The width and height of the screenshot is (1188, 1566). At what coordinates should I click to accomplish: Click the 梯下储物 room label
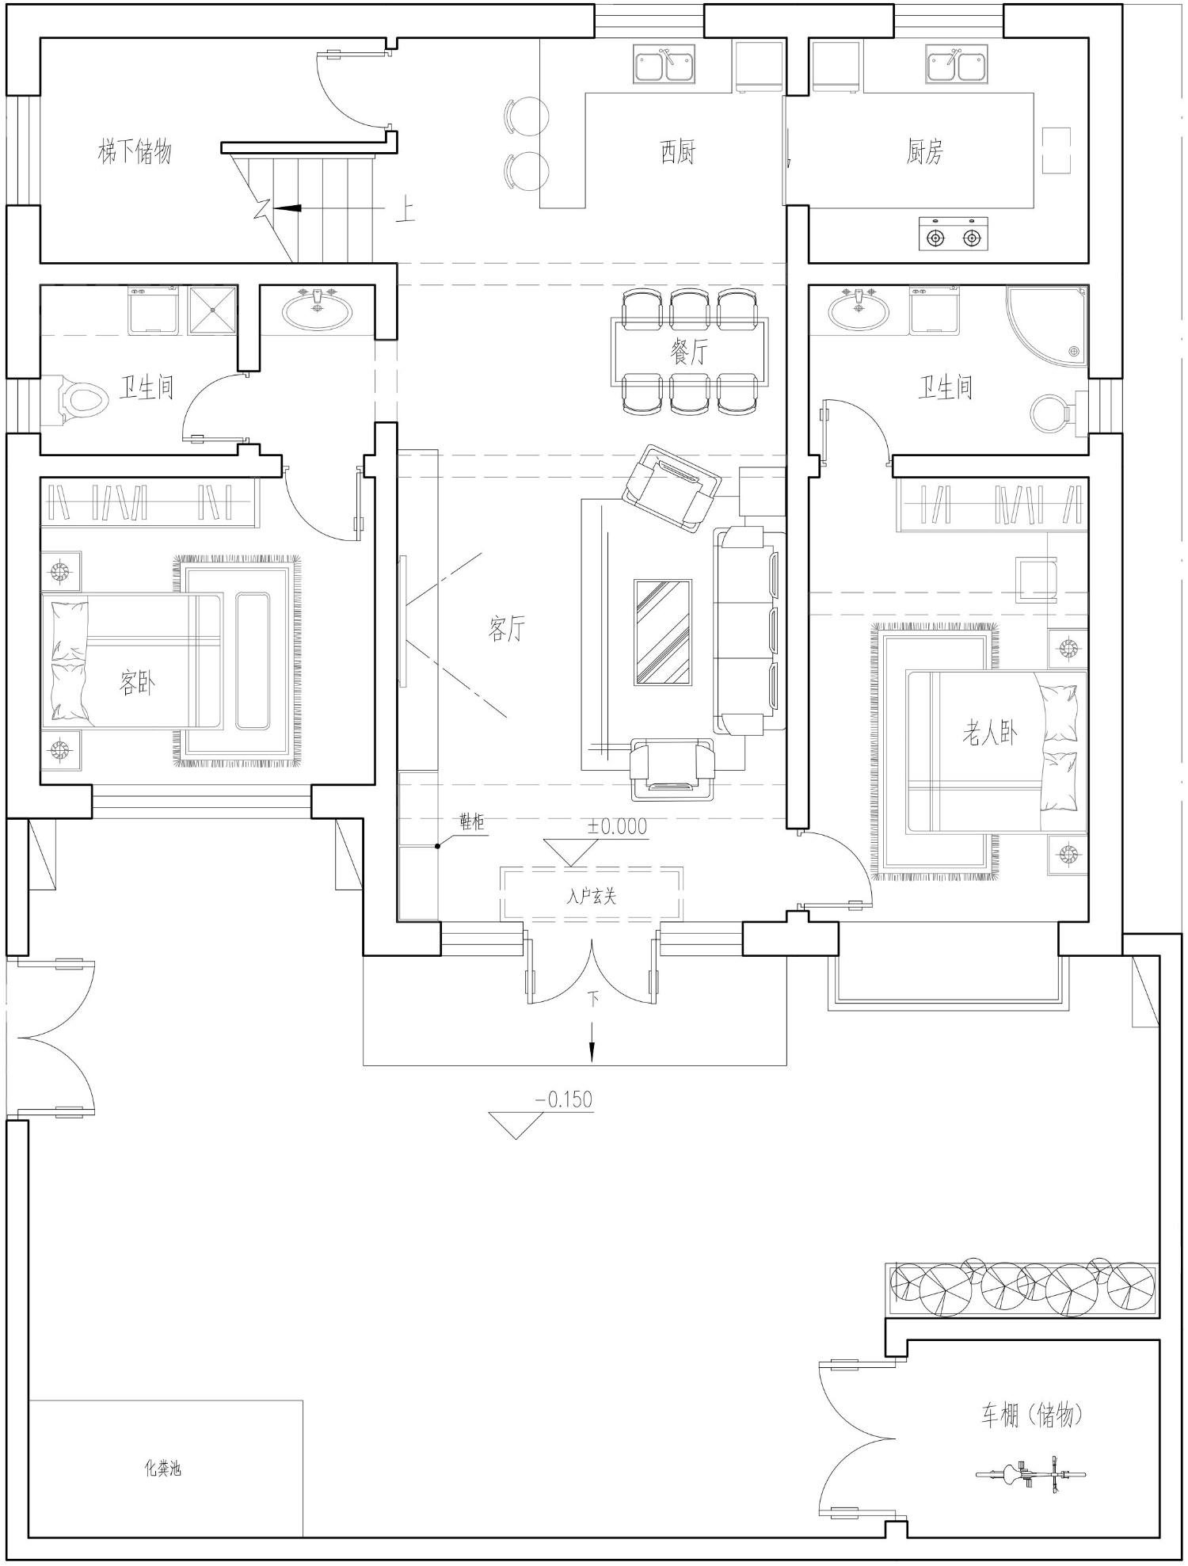click(x=135, y=151)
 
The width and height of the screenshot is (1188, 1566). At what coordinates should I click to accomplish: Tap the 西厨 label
click(x=678, y=151)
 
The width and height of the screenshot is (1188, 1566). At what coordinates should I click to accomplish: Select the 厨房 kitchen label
click(x=925, y=151)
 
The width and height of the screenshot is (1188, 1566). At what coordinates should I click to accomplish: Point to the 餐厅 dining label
click(x=689, y=352)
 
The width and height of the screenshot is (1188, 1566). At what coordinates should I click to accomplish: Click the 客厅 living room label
click(x=507, y=629)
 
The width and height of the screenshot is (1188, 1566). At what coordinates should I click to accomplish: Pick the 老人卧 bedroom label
click(x=990, y=734)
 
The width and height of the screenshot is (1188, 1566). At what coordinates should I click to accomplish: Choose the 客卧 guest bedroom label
click(x=137, y=682)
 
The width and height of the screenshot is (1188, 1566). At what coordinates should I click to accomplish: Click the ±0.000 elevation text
click(x=617, y=826)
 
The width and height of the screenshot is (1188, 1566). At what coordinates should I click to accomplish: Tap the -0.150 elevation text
click(x=564, y=1099)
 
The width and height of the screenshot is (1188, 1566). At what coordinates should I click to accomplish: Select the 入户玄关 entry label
click(x=592, y=896)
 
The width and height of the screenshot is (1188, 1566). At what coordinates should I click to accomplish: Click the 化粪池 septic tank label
click(x=162, y=1468)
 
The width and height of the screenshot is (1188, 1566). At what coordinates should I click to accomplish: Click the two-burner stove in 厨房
click(x=954, y=234)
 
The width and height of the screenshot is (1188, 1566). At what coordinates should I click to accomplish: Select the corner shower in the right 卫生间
click(x=1047, y=326)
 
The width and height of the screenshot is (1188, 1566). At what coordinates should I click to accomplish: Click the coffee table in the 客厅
click(x=663, y=632)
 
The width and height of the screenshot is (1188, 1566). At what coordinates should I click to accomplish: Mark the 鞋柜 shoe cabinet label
click(x=471, y=822)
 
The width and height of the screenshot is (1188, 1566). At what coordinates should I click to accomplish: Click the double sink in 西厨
click(x=664, y=65)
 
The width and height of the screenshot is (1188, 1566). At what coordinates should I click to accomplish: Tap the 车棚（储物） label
click(x=1031, y=1415)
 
